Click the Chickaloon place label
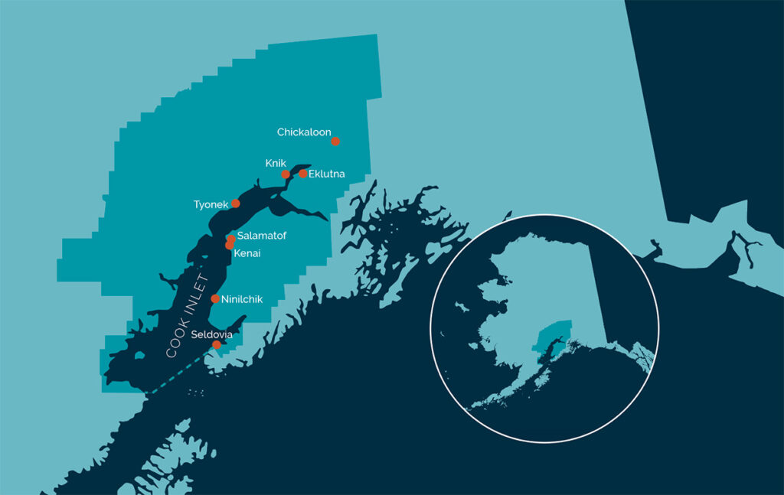[x=303, y=132]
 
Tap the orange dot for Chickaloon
[x=335, y=141]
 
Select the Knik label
[x=275, y=163]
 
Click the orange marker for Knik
[x=286, y=174]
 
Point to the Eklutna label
[x=326, y=174]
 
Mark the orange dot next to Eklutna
[x=303, y=174]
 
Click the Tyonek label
[x=211, y=204]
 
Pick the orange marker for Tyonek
[x=236, y=204]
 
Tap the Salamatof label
[x=261, y=236]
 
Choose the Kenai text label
[x=247, y=252]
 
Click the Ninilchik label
[x=241, y=299]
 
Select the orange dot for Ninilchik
[x=215, y=298]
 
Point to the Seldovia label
[x=211, y=334]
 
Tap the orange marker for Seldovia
[x=217, y=344]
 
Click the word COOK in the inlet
[x=178, y=343]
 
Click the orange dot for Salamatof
[x=231, y=239]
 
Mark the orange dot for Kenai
[x=229, y=245]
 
